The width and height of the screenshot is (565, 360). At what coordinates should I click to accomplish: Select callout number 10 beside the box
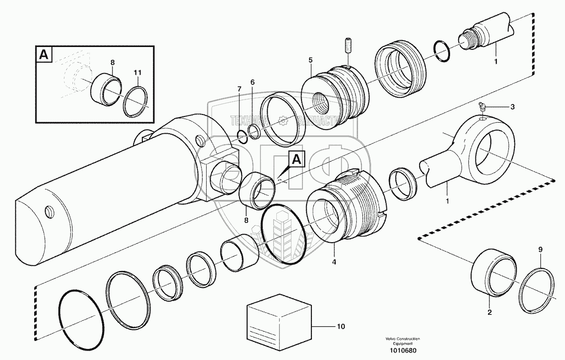click(x=341, y=326)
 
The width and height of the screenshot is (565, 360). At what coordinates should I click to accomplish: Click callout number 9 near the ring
click(x=541, y=250)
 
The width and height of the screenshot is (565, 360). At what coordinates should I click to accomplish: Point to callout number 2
click(x=489, y=313)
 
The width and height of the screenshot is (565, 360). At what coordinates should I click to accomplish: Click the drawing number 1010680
click(x=403, y=350)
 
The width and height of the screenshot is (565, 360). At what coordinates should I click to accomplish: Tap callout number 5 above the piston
click(x=310, y=60)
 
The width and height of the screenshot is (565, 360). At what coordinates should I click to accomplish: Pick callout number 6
click(x=252, y=82)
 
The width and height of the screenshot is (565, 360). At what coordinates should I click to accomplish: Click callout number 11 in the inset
click(x=138, y=73)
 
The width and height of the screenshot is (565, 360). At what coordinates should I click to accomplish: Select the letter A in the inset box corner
click(x=44, y=55)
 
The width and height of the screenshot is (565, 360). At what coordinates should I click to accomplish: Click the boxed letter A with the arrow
click(x=296, y=159)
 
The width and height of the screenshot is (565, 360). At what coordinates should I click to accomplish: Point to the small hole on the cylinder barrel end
click(x=49, y=211)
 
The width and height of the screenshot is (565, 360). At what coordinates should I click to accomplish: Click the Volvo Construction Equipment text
click(x=403, y=340)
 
